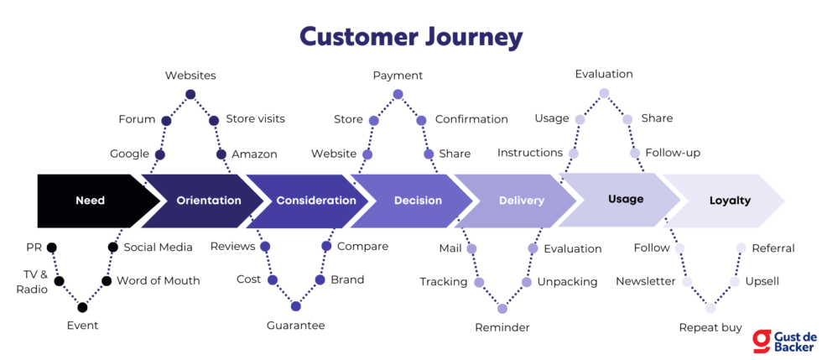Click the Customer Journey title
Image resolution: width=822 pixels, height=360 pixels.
click(x=411, y=38)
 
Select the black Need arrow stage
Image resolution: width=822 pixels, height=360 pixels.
click(x=91, y=201)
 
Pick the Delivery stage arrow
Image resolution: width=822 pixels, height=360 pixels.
click(x=521, y=201)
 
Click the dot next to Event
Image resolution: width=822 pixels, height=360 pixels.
click(x=82, y=307)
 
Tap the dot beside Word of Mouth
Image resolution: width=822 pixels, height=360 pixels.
click(x=107, y=280)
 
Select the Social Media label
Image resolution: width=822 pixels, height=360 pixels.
click(x=158, y=247)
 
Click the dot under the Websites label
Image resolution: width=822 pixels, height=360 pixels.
click(x=190, y=94)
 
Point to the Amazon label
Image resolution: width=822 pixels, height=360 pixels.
click(x=254, y=154)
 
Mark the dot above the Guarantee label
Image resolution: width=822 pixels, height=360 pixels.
click(x=295, y=306)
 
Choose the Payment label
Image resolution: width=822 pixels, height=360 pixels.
click(x=398, y=76)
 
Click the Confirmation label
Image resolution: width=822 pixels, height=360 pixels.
click(x=471, y=119)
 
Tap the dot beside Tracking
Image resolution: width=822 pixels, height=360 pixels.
click(x=479, y=282)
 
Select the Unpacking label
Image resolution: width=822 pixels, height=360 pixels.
click(x=567, y=282)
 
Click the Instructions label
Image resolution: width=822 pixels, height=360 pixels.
click(x=529, y=153)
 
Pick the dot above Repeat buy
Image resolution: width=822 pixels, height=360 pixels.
click(x=710, y=308)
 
